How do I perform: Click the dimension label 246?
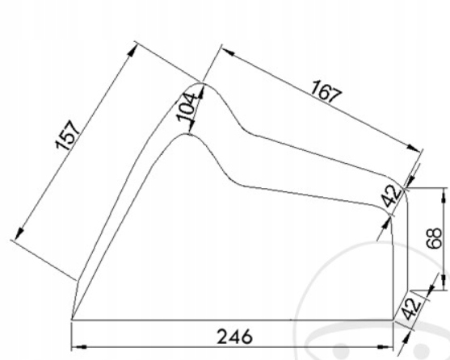pyautogui.click(x=234, y=335)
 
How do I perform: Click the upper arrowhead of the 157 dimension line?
pyautogui.click(x=132, y=48)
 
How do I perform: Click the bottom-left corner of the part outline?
pyautogui.click(x=72, y=320)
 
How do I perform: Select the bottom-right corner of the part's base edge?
pyautogui.click(x=394, y=320)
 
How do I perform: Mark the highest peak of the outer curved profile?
pyautogui.click(x=204, y=84)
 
